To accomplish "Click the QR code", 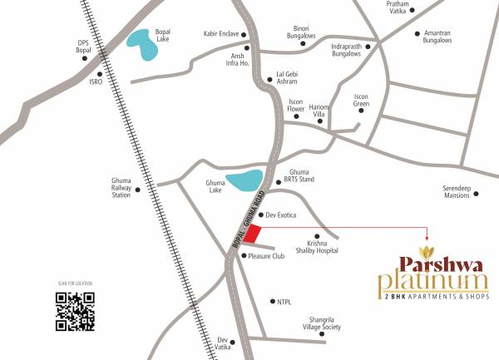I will [75, 310].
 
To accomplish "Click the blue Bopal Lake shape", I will [143, 45].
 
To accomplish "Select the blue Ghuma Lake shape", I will [245, 181].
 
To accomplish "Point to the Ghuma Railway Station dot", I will [137, 190].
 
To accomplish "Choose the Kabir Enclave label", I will [220, 34].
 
